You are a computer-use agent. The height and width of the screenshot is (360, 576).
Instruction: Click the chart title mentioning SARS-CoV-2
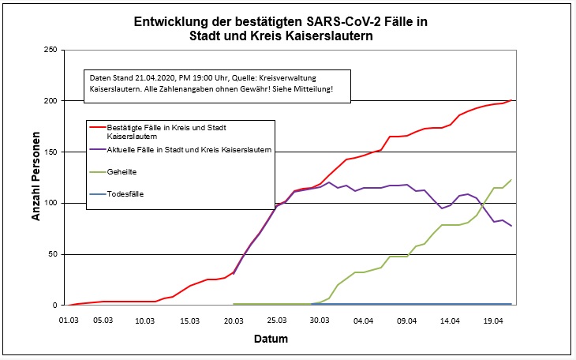(x=288, y=28)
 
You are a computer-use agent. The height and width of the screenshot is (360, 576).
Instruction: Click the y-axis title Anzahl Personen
(x=36, y=178)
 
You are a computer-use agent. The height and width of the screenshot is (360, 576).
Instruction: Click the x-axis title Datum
(x=287, y=339)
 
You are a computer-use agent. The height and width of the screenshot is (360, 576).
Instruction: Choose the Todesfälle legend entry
(x=127, y=193)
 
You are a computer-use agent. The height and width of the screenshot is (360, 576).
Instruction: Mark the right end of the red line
(x=511, y=100)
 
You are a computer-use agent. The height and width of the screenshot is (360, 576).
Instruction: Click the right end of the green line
(x=511, y=180)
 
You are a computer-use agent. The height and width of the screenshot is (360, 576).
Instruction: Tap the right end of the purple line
(x=511, y=226)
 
